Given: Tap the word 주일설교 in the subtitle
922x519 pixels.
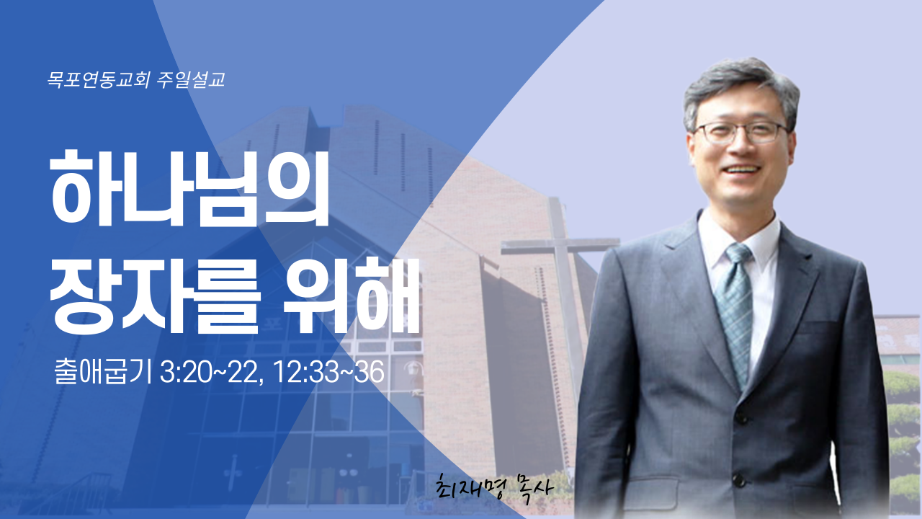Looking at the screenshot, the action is [x=191, y=79].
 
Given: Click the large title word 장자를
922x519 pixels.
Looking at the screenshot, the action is [x=155, y=296].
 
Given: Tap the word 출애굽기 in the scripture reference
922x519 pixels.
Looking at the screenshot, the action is [x=103, y=372].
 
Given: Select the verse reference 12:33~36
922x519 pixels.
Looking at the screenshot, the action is [x=328, y=373].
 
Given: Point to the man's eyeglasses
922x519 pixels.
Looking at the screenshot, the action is [x=741, y=133].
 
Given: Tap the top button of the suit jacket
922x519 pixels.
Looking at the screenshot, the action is [x=742, y=416].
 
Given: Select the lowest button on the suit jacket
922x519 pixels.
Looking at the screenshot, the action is [x=738, y=480].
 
